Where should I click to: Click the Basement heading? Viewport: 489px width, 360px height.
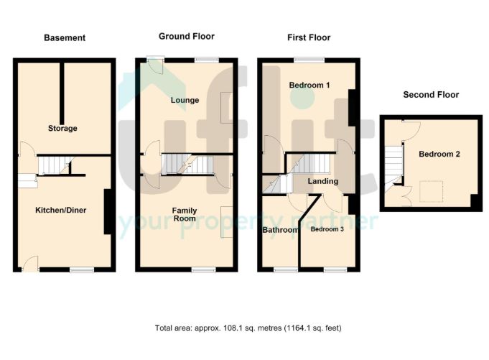pos(65,38)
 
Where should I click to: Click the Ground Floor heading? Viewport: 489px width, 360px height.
pos(187,37)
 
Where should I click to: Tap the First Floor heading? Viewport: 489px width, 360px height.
pos(309,38)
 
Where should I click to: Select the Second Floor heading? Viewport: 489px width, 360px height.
pos(431,95)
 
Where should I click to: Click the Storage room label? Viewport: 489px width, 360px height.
pos(62,128)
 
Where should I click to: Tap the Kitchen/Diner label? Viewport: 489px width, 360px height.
pos(61,210)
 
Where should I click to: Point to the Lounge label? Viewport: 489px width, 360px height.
pos(185,100)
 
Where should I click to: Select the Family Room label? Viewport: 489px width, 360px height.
pos(185,214)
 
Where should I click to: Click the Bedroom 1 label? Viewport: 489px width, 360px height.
pos(309,85)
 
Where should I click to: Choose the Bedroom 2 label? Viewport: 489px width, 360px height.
pos(439,154)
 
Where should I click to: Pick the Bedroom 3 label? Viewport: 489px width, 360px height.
pos(327,229)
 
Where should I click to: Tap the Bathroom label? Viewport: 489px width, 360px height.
pos(280,230)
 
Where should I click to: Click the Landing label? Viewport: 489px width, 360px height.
pos(323,181)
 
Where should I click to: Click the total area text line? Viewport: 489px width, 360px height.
pos(248,328)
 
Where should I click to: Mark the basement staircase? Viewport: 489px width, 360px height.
pos(55,165)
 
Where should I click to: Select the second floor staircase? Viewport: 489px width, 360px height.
pos(393,169)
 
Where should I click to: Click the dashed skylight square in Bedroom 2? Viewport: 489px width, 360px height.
pos(431,191)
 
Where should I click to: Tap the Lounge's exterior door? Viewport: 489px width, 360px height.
pos(155,65)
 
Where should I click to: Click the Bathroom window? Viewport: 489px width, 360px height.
pos(286,270)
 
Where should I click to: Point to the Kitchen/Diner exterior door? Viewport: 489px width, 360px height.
pos(31,264)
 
